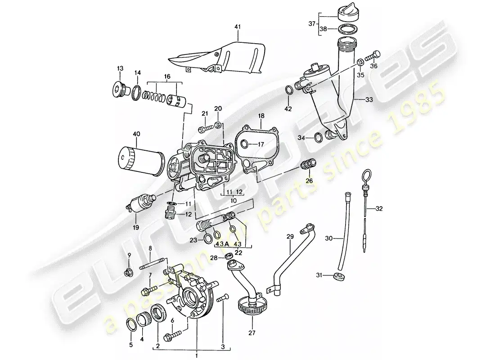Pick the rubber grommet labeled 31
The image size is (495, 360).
338,276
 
